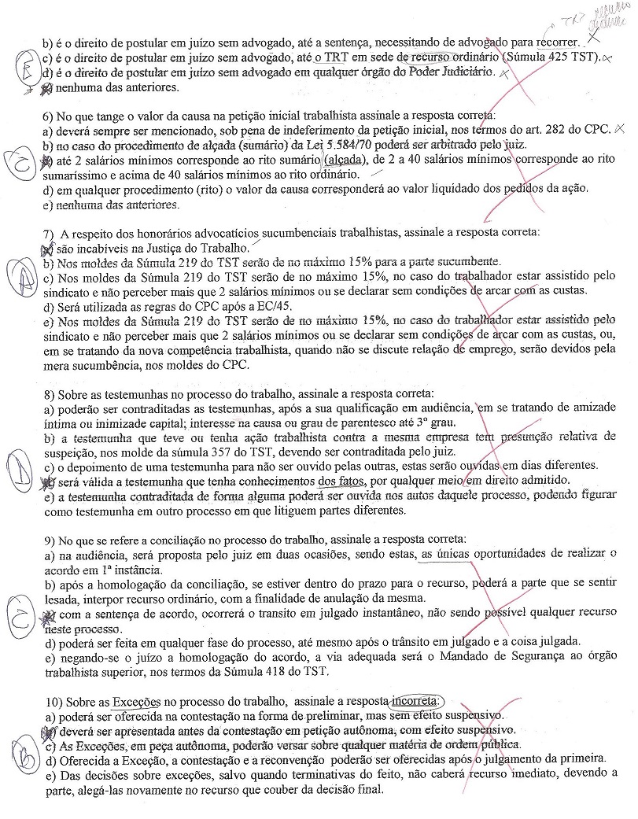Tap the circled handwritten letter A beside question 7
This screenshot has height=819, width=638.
pos(23,275)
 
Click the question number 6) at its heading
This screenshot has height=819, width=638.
pos(49,114)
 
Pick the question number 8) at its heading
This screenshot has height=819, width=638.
pos(49,393)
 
